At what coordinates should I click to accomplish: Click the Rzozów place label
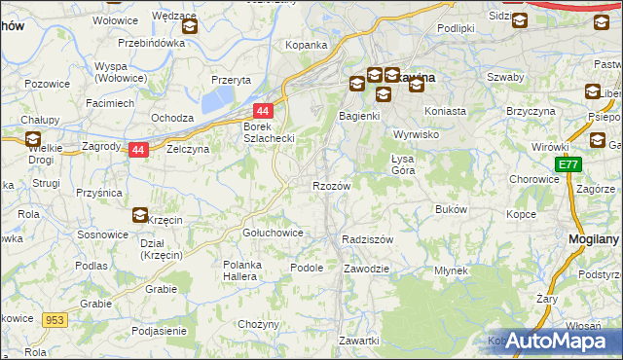point(331,185)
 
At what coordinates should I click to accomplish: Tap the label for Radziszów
point(367,239)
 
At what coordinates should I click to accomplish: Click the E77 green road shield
point(568,166)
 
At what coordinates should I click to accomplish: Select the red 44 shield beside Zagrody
point(138,150)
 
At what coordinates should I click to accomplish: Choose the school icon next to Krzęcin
point(140,216)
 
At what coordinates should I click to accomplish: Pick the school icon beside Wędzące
point(190,27)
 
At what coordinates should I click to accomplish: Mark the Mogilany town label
point(594,238)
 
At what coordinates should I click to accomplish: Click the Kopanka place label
point(305,46)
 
